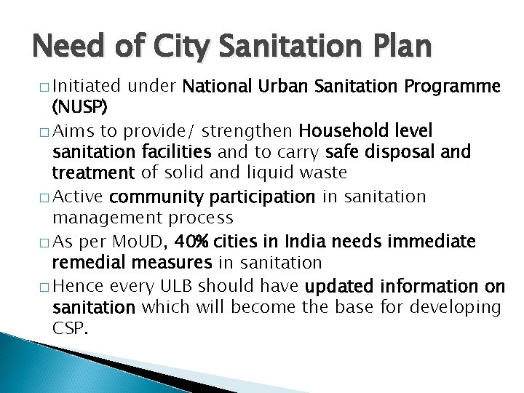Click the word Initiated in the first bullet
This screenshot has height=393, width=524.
[87, 87]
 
